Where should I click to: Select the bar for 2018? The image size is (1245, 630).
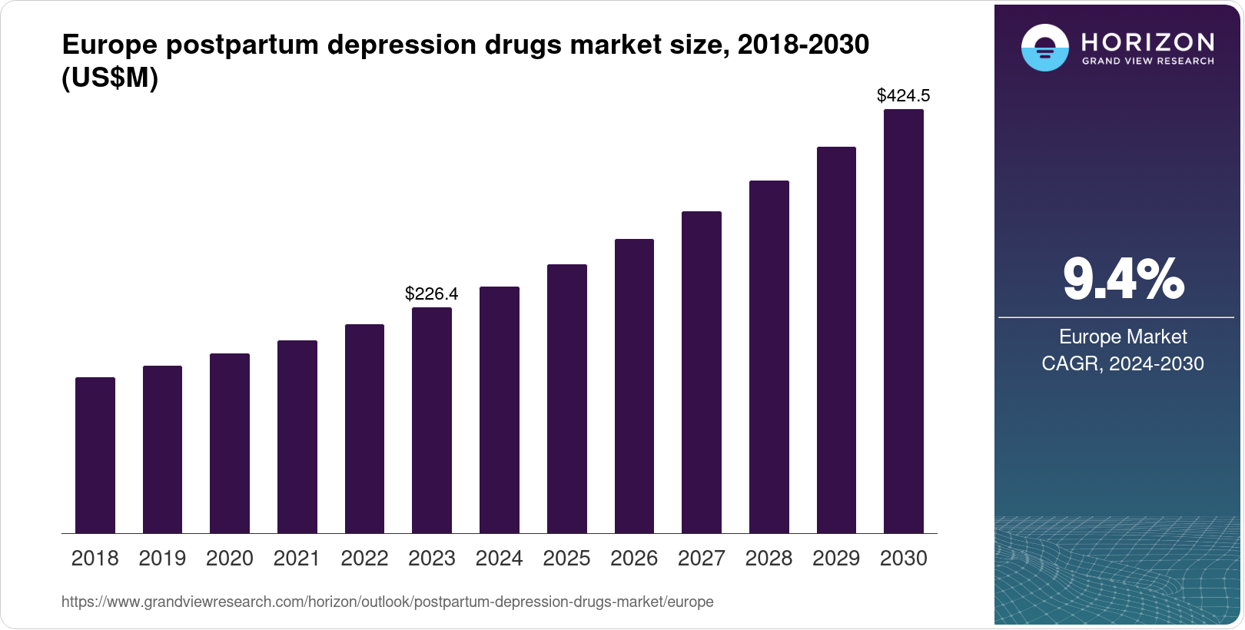click(x=95, y=455)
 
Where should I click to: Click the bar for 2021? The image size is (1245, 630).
click(x=297, y=436)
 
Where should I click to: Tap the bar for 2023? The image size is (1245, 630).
click(x=432, y=420)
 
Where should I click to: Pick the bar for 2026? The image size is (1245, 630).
click(x=634, y=386)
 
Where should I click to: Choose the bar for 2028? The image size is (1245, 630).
click(x=769, y=356)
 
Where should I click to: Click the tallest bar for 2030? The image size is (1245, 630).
click(x=904, y=321)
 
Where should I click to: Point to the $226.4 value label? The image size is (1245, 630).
click(x=432, y=293)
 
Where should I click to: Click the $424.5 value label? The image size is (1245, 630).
click(x=904, y=95)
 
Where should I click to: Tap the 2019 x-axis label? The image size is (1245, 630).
click(x=162, y=559)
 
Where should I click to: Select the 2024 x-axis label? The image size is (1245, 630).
click(x=500, y=559)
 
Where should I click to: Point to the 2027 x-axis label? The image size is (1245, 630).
click(x=702, y=559)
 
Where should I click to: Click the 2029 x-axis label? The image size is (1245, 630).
click(x=836, y=559)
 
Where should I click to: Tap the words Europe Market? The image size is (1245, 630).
click(x=1123, y=337)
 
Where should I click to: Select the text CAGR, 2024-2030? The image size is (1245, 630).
click(x=1123, y=363)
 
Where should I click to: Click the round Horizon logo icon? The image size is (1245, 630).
click(x=1044, y=48)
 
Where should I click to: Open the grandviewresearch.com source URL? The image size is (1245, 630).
click(x=387, y=602)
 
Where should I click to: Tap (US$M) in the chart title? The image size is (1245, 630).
click(x=110, y=78)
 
